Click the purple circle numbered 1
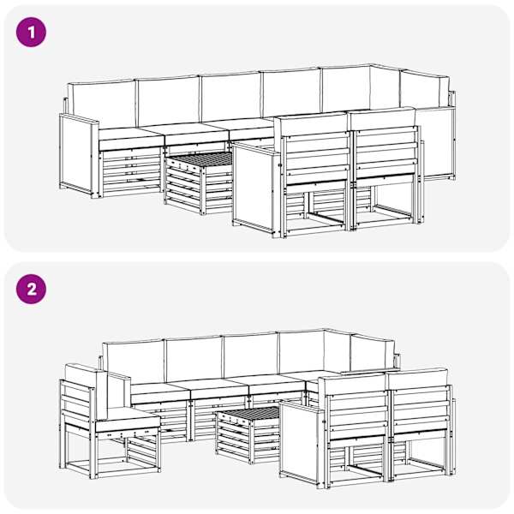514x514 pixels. pyautogui.click(x=31, y=33)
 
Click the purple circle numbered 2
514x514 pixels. pyautogui.click(x=31, y=290)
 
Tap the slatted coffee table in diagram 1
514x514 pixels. pyautogui.click(x=199, y=182)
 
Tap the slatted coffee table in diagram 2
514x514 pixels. pyautogui.click(x=248, y=433)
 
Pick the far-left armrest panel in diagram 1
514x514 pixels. pyautogui.click(x=79, y=155)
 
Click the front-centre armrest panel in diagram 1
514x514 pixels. pyautogui.click(x=255, y=188)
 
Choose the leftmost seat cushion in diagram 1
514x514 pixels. pyautogui.click(x=131, y=138)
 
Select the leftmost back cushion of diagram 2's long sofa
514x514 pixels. pyautogui.click(x=134, y=362)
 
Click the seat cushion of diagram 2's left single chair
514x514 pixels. pyautogui.click(x=127, y=421)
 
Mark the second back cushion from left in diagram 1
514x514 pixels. pyautogui.click(x=168, y=100)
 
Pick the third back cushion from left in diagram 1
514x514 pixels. pyautogui.click(x=231, y=96)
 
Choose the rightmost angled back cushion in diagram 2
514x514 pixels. pyautogui.click(x=372, y=353)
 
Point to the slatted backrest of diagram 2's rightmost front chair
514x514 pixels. pyautogui.click(x=421, y=410)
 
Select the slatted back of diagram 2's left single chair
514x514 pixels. pyautogui.click(x=77, y=405)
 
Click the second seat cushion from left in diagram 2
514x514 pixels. pyautogui.click(x=219, y=388)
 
